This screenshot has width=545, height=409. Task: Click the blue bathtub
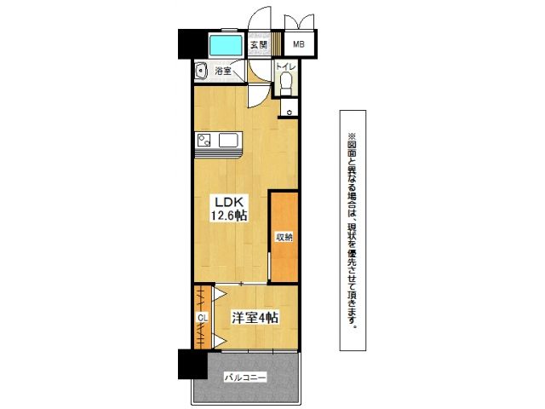tap(227, 44)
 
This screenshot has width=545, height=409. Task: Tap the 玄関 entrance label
tap(259, 44)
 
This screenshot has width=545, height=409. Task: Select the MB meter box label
tap(299, 44)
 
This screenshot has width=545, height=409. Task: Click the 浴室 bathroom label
tap(223, 71)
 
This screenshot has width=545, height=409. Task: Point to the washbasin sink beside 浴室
tap(201, 71)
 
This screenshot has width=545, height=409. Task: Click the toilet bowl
tap(286, 84)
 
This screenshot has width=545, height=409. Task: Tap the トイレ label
tap(285, 66)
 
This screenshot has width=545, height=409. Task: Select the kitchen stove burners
tap(204, 141)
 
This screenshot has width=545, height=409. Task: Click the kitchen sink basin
tap(227, 140)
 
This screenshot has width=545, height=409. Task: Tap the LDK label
tap(227, 202)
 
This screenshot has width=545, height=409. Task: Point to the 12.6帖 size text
tap(227, 216)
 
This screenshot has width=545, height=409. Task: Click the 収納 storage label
tap(284, 237)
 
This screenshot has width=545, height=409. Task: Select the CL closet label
tap(203, 318)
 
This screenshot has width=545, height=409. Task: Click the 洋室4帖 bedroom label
tap(255, 318)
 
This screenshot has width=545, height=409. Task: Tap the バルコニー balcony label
tap(245, 377)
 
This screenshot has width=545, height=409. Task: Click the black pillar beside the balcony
tap(192, 364)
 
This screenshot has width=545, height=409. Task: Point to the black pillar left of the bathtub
tap(193, 43)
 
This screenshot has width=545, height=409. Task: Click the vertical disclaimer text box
tap(353, 230)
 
